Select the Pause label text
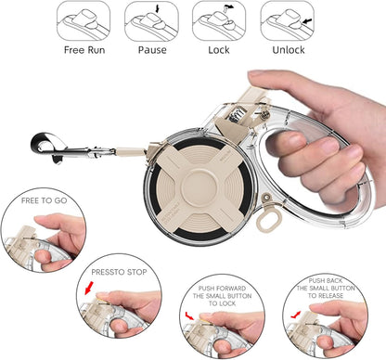tap(152, 51)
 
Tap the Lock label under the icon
tap(218, 51)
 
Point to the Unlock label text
tap(287, 51)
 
